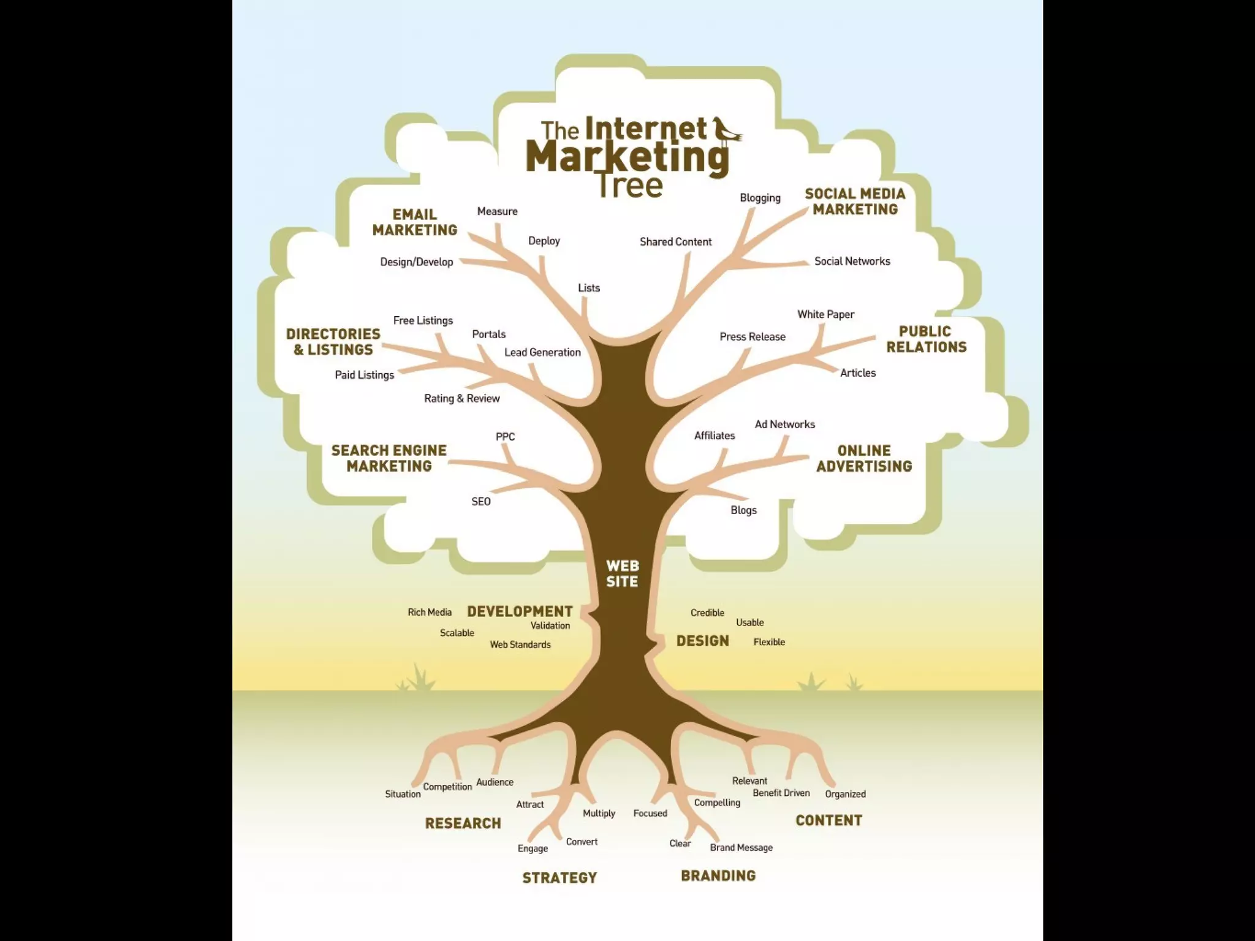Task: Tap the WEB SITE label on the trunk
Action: [x=622, y=573]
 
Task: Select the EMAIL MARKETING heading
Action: [x=415, y=222]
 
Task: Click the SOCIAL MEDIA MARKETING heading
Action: [x=855, y=202]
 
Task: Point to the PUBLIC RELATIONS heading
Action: [x=926, y=339]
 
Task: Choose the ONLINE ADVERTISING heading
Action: [x=864, y=458]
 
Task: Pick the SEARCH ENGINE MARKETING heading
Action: [x=389, y=458]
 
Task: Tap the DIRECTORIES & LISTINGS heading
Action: [x=333, y=342]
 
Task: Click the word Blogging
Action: [x=760, y=198]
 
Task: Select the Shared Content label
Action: [x=675, y=242]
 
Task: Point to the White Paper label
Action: [x=825, y=314]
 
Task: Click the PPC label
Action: [x=505, y=437]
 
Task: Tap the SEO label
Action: [x=481, y=502]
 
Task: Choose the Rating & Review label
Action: [x=462, y=398]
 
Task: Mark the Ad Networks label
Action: [x=784, y=425]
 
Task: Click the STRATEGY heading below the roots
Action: [x=559, y=878]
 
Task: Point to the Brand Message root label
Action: [x=741, y=848]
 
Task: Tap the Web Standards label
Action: [x=520, y=644]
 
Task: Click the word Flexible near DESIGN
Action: [x=769, y=642]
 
